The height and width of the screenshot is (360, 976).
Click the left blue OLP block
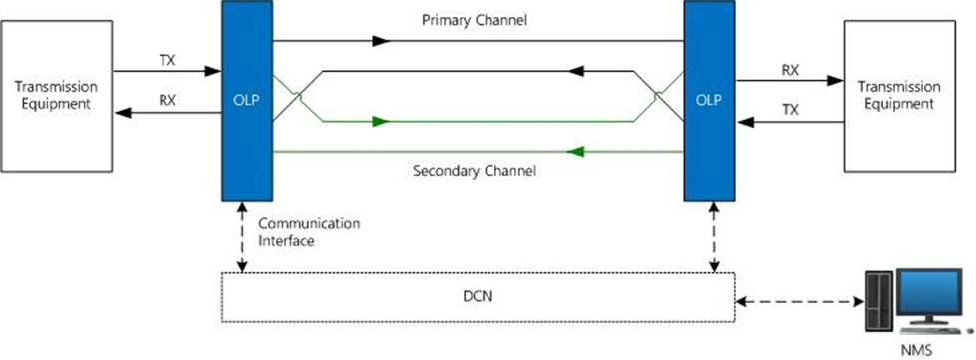tap(247, 101)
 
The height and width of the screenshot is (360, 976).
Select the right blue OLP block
tap(709, 101)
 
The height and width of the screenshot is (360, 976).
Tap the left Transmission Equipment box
tap(56, 96)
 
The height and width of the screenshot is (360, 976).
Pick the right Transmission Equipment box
tap(899, 96)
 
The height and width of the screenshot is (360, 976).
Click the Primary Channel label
tap(475, 20)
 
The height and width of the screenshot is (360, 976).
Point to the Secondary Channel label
tap(475, 170)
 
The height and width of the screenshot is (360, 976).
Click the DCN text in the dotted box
tap(479, 296)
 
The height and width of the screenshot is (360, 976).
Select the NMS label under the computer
tap(918, 351)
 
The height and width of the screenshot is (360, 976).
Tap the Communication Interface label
tap(309, 232)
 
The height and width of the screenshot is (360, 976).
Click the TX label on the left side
tap(168, 60)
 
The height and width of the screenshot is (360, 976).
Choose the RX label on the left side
tap(168, 101)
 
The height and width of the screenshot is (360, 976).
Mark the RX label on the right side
tap(790, 70)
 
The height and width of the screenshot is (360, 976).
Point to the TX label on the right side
tap(790, 111)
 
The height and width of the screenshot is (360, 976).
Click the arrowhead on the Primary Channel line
tap(381, 41)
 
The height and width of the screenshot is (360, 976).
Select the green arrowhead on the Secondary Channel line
tap(576, 152)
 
